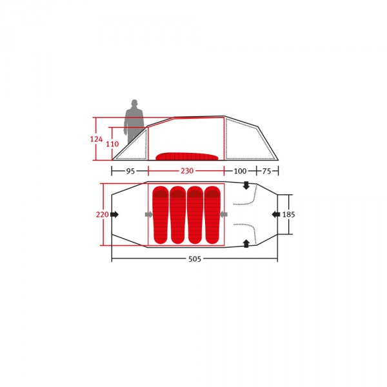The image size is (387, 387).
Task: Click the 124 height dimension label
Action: [96, 139]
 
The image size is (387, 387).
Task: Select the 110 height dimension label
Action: [112, 144]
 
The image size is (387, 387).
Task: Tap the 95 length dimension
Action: [130, 171]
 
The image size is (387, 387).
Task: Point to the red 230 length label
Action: [187, 171]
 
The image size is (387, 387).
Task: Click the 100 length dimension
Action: [240, 171]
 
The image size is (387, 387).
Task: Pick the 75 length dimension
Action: [266, 171]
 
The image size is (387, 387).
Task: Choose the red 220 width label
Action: [102, 215]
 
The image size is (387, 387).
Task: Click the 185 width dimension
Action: [288, 215]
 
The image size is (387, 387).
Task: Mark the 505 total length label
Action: [195, 259]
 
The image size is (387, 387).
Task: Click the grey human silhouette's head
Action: [134, 103]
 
